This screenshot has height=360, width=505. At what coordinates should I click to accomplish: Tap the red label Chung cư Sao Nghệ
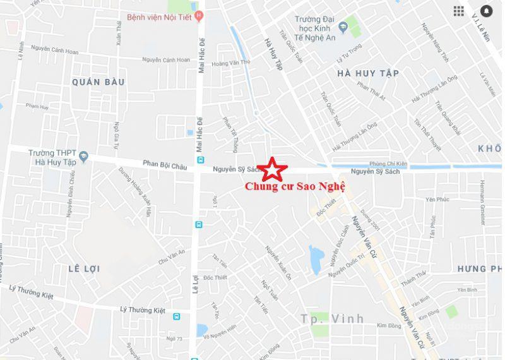(295, 188)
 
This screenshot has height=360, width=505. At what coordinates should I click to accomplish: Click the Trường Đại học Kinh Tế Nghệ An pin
(343, 27)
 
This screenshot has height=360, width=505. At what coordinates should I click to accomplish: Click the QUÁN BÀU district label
(98, 82)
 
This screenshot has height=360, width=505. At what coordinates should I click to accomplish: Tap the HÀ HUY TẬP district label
(368, 73)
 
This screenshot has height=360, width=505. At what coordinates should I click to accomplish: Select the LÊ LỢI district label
(84, 269)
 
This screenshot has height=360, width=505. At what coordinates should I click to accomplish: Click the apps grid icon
(459, 11)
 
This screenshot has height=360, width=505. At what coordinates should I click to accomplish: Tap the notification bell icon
(487, 11)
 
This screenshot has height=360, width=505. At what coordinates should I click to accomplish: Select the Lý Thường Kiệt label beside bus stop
(142, 309)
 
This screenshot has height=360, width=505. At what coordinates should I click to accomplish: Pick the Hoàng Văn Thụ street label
(231, 63)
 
